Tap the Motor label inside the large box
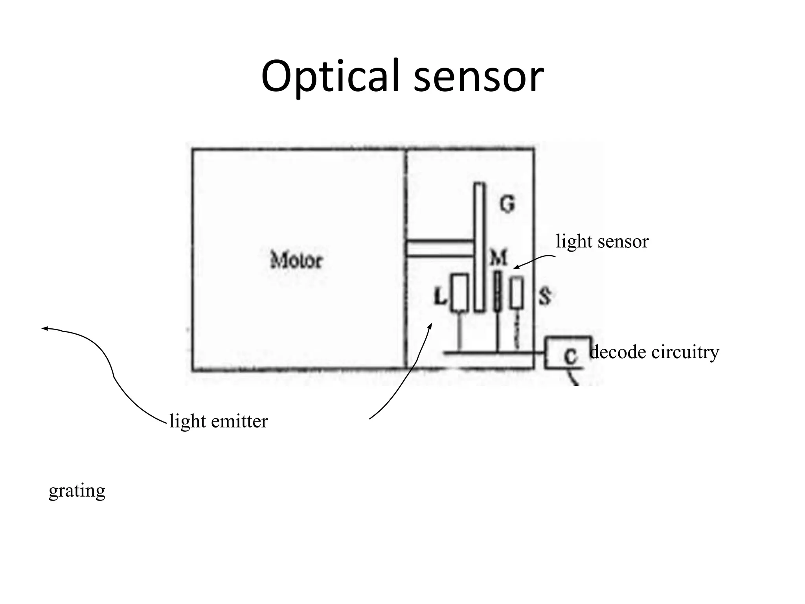coord(296,260)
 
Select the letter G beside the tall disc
coord(507,204)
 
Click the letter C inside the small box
coord(570,356)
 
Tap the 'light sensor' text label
coord(602,241)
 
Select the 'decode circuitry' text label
coord(654,352)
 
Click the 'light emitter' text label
coord(219,421)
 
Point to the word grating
coord(77,491)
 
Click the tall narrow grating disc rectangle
coord(479,247)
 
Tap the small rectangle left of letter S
coord(517,293)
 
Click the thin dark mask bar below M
coord(497,291)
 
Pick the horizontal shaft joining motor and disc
coord(439,248)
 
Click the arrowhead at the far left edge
coord(44,328)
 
